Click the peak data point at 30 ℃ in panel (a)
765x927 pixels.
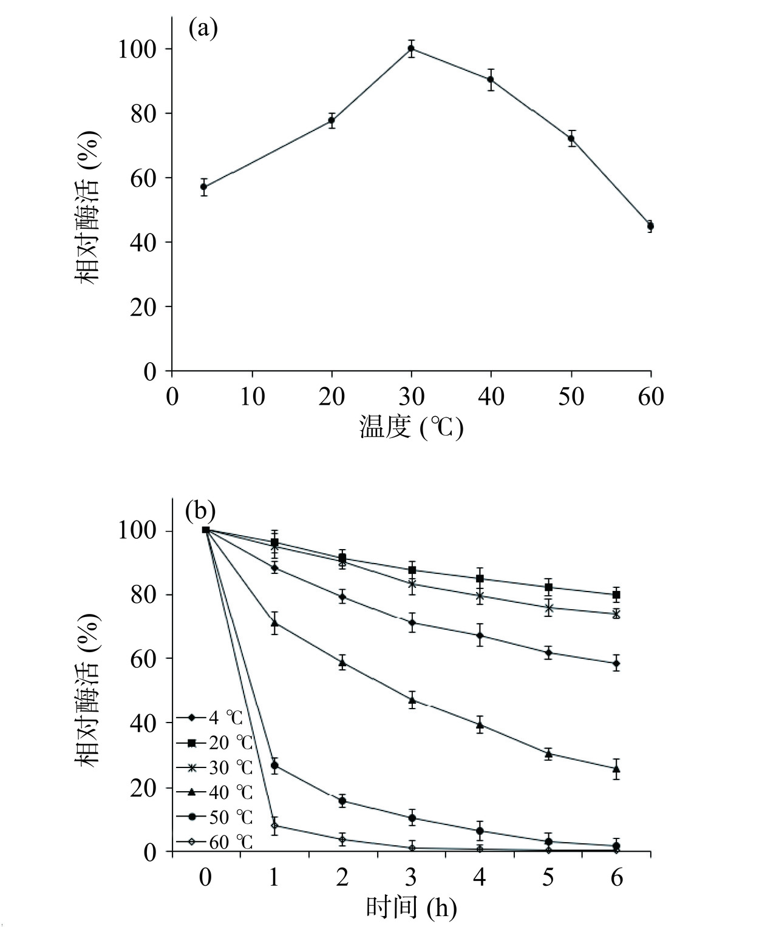point(411,49)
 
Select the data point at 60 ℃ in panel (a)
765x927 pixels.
point(650,226)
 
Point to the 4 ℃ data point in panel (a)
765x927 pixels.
point(204,187)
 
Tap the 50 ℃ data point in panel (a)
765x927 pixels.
point(571,138)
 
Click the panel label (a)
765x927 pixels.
point(203,29)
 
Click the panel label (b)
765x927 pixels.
point(200,511)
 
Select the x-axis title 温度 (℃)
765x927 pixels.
point(411,427)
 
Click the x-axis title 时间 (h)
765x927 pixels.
point(411,908)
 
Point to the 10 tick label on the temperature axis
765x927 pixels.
point(252,397)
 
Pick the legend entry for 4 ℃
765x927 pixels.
point(209,718)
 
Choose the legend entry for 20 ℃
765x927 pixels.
point(214,743)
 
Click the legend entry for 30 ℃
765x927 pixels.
point(214,767)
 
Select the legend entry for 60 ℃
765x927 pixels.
point(214,842)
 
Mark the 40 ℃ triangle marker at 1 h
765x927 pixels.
point(274,622)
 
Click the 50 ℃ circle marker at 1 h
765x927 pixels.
point(274,766)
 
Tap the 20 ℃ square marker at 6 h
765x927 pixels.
point(616,595)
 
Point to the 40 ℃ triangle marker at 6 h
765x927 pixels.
point(616,769)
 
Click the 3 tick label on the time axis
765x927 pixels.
point(411,878)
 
